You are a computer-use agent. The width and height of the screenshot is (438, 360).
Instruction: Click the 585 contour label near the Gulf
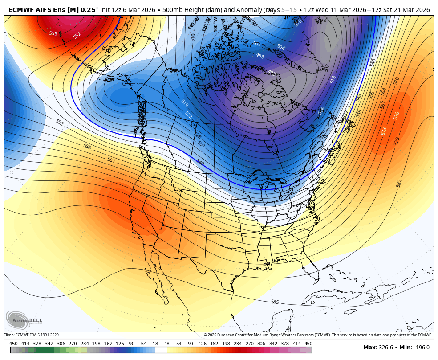(275, 302)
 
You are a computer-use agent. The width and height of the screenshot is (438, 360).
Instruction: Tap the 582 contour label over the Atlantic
(399, 183)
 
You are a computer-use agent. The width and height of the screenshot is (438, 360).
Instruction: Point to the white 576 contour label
(396, 116)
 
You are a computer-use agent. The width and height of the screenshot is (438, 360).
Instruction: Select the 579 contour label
(397, 141)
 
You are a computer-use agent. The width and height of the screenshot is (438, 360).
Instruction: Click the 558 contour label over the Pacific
(87, 147)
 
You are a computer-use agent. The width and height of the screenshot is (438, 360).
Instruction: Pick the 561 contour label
(111, 160)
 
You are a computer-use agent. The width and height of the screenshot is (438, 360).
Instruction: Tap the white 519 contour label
(185, 103)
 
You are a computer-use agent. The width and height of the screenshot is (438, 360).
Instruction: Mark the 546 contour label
(373, 63)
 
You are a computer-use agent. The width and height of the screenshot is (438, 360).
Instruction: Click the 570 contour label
(396, 81)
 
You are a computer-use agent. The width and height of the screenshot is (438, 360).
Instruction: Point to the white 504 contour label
(281, 47)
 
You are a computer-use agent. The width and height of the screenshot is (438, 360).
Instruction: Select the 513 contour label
(333, 79)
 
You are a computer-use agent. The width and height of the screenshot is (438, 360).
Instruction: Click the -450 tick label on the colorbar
(13, 344)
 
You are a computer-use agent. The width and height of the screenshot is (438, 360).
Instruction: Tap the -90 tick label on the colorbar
(131, 344)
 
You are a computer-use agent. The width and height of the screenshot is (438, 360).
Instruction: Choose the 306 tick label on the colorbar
(261, 344)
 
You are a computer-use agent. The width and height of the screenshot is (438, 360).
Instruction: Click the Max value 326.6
(385, 348)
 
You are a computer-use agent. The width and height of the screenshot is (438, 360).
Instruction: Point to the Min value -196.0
(421, 348)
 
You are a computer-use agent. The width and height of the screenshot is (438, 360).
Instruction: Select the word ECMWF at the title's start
(22, 10)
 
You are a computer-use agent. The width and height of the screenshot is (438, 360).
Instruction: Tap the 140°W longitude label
(193, 23)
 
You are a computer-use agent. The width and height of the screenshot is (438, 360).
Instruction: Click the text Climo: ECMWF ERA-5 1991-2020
(31, 335)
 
